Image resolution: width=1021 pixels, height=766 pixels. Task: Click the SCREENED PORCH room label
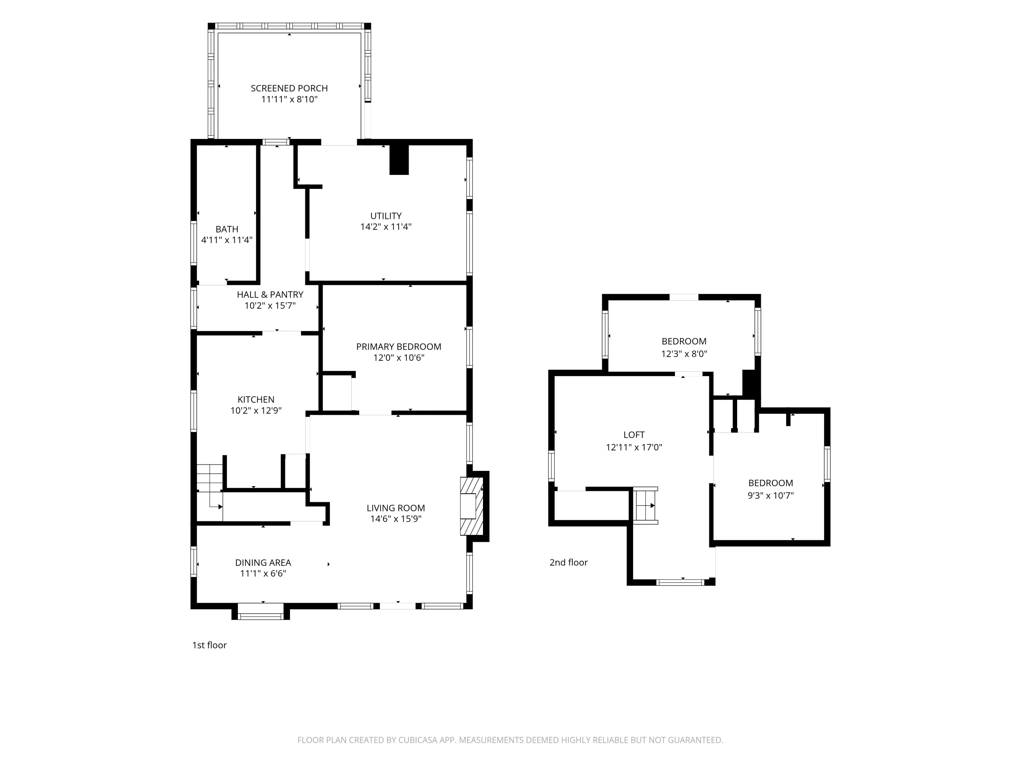289,88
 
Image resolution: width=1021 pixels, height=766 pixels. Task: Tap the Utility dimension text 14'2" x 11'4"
386,227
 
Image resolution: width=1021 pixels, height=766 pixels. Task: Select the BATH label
227,229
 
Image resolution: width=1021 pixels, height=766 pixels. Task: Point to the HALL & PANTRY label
270,294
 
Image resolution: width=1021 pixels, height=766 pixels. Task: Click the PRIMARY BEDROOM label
399,347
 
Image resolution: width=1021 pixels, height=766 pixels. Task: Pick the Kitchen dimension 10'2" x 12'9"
256,411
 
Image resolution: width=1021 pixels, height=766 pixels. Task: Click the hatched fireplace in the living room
472,506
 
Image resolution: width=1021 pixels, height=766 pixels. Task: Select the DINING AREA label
263,562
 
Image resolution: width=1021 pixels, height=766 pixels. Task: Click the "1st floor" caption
210,645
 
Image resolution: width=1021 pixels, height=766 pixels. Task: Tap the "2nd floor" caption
569,562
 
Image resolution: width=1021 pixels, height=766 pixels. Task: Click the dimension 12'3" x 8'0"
684,354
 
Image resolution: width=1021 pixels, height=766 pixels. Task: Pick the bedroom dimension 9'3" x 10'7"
771,495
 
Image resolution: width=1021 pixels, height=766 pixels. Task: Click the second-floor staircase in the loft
645,505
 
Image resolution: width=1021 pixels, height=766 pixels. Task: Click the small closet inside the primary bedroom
337,393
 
